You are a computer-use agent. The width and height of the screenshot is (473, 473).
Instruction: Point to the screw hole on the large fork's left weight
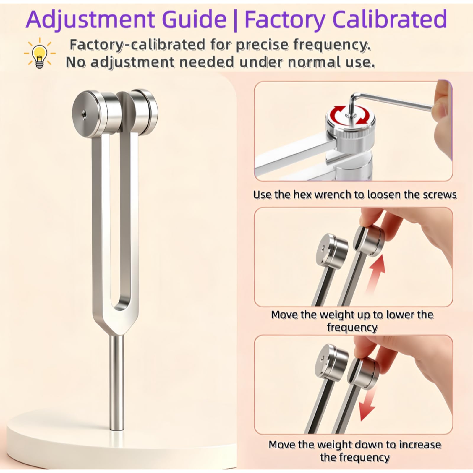click(85, 112)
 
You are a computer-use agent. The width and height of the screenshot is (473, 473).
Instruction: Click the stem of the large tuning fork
click(116, 383)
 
